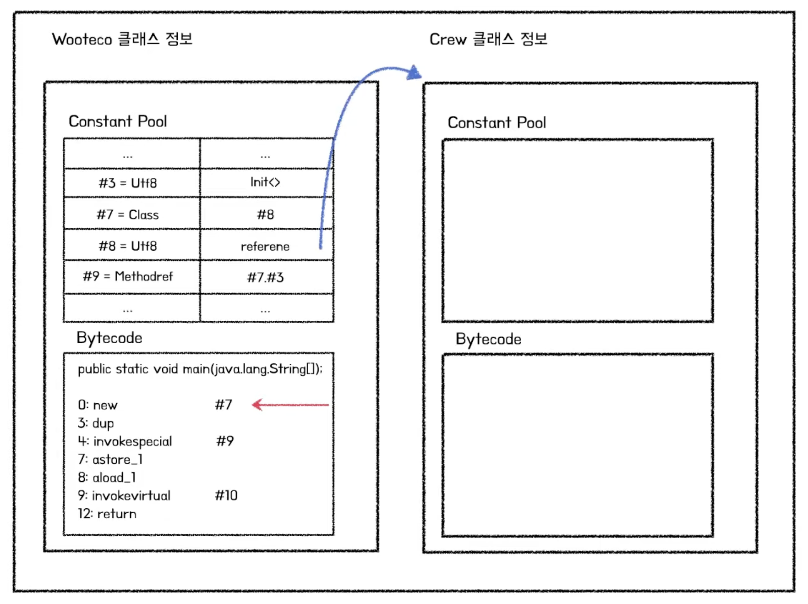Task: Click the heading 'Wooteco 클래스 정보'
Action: click(x=122, y=39)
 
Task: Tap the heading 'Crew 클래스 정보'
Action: click(x=488, y=39)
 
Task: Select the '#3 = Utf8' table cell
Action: click(x=128, y=183)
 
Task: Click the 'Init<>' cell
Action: click(x=265, y=182)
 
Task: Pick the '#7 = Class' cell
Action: click(x=128, y=214)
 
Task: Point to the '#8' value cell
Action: click(x=265, y=214)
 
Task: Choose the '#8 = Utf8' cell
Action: click(x=128, y=246)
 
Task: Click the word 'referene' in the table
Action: click(x=265, y=247)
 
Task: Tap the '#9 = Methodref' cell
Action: click(x=128, y=276)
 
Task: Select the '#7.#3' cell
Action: click(x=265, y=277)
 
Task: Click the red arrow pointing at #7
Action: click(x=290, y=405)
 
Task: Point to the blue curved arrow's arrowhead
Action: click(x=414, y=73)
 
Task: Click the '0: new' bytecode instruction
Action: click(x=98, y=405)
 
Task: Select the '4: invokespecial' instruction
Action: click(x=125, y=441)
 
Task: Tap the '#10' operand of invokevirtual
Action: click(x=226, y=495)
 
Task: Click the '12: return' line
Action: click(x=107, y=514)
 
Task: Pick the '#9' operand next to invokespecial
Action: click(x=225, y=441)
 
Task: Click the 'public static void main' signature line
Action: click(x=200, y=369)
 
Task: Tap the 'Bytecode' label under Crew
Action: click(x=488, y=339)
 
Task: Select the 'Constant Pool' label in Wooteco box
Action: click(x=118, y=121)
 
